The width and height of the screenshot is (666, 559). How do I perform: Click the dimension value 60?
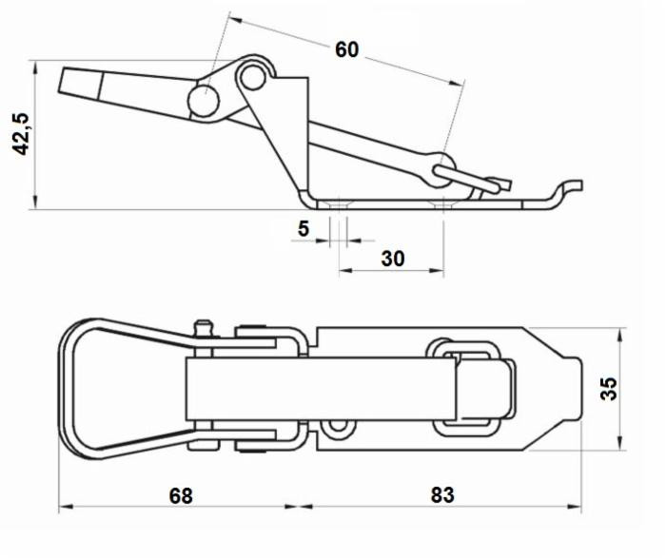click(x=346, y=49)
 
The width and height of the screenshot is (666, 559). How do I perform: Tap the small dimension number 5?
click(x=303, y=229)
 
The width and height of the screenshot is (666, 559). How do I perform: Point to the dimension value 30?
click(x=392, y=258)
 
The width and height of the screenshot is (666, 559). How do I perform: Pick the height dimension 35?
click(x=609, y=387)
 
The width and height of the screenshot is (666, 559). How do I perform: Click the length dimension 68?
click(x=179, y=494)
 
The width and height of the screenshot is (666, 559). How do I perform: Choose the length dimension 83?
click(x=441, y=494)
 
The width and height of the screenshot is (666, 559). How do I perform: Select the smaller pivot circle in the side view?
click(x=252, y=74)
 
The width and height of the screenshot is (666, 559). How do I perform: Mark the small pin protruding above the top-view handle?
click(x=203, y=327)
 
